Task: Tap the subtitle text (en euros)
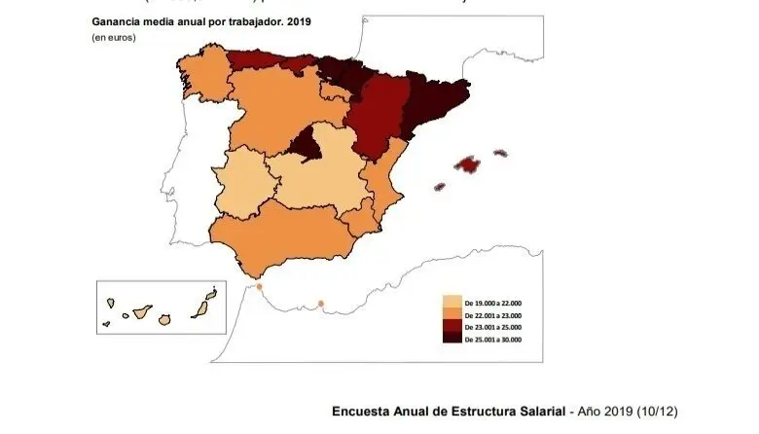[x=115, y=37]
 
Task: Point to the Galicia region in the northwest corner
[x=201, y=74]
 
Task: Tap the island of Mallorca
[x=471, y=163]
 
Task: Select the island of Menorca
[x=500, y=153]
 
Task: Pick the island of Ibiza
[x=439, y=186]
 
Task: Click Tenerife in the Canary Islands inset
[x=142, y=312]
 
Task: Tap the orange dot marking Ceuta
[x=260, y=287]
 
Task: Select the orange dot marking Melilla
[x=321, y=304]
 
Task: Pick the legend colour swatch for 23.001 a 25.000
[x=452, y=327]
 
